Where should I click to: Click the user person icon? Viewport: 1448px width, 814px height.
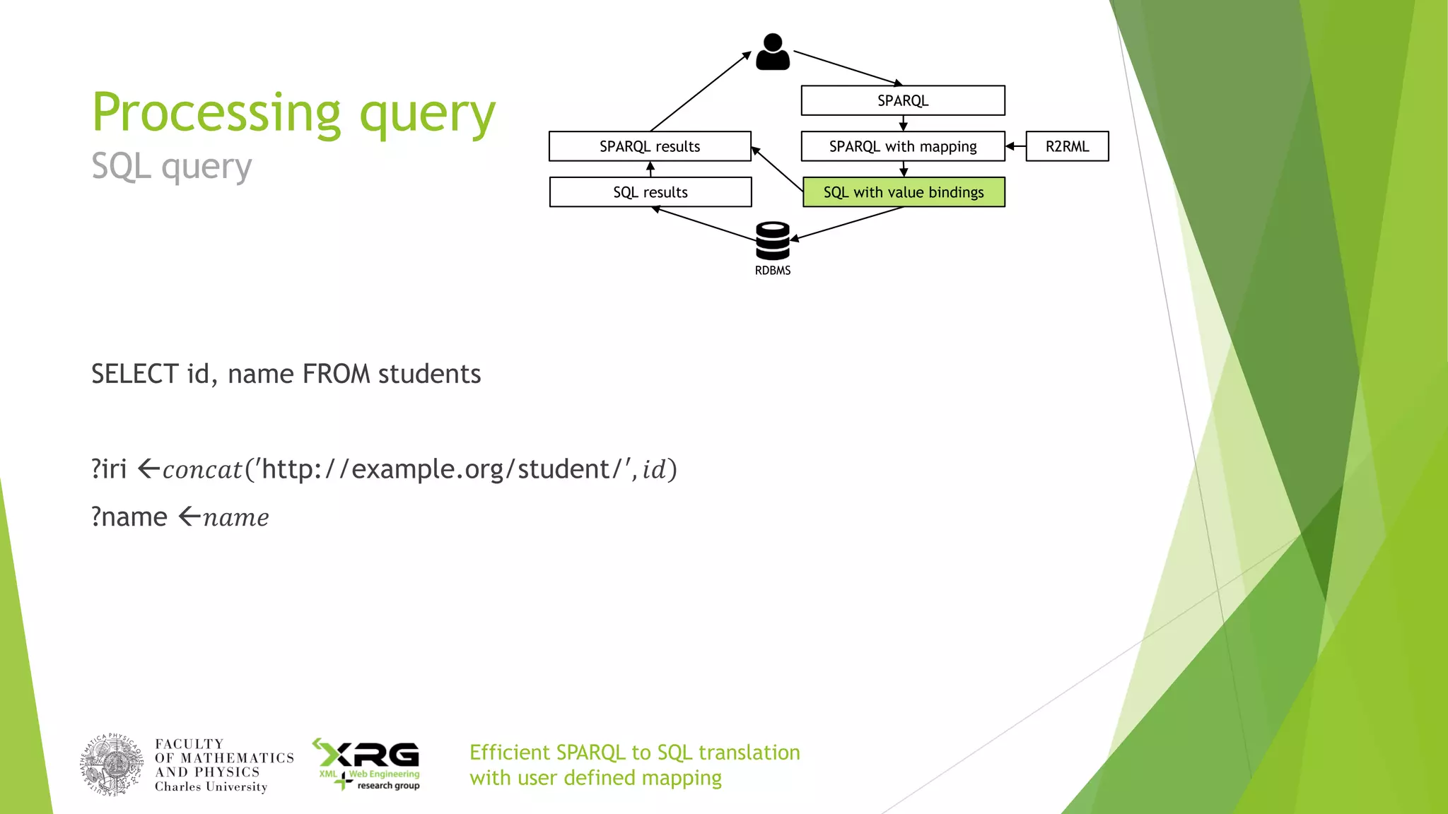[772, 52]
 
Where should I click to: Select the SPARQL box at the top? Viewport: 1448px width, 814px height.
[902, 100]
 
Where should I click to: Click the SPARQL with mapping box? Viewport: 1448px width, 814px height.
[902, 146]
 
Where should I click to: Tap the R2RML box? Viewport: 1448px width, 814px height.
[1066, 146]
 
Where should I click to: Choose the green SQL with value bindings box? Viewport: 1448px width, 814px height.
[903, 192]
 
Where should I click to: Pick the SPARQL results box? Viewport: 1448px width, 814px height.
[649, 146]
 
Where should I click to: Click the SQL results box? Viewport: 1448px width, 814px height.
[649, 192]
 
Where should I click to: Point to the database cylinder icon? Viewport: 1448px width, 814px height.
[772, 241]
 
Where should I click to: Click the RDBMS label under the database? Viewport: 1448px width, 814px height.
[772, 271]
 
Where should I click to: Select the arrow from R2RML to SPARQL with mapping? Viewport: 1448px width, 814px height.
[1015, 146]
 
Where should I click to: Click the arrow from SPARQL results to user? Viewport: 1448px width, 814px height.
[700, 91]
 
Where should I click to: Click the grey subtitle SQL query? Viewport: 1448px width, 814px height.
[171, 167]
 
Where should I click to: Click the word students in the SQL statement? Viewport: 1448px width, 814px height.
[429, 374]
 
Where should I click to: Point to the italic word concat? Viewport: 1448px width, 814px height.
[202, 470]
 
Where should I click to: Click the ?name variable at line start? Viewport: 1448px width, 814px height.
[129, 517]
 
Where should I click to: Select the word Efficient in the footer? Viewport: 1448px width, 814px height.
[509, 753]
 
